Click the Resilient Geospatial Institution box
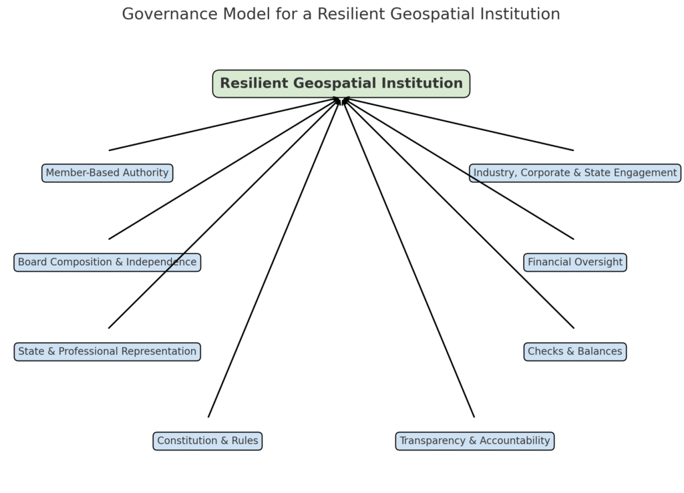click(x=341, y=84)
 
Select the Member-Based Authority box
click(x=107, y=173)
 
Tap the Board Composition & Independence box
click(x=107, y=263)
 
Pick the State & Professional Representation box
click(x=107, y=351)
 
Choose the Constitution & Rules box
click(x=208, y=441)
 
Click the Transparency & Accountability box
click(x=474, y=441)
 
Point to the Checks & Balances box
click(x=574, y=351)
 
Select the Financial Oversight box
click(x=574, y=263)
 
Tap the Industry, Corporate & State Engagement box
click(x=574, y=173)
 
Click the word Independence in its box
click(x=165, y=263)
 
